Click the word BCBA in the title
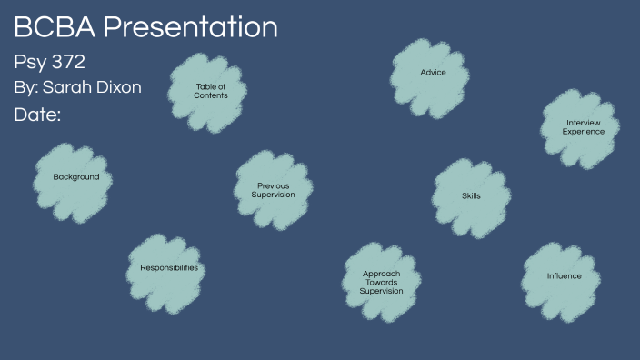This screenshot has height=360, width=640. (x=54, y=27)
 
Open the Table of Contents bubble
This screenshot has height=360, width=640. (x=210, y=92)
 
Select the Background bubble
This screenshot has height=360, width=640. (x=75, y=177)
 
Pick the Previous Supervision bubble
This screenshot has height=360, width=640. (x=273, y=190)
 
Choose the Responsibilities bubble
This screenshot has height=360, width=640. (x=168, y=268)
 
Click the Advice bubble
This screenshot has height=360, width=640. (x=433, y=72)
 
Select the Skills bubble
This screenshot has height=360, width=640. (x=470, y=196)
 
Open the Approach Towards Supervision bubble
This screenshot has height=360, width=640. (x=381, y=283)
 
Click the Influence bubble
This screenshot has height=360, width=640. (x=564, y=275)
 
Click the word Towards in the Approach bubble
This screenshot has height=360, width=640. (x=381, y=283)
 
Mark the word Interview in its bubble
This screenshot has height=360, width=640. (x=583, y=123)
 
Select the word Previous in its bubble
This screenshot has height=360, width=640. (x=273, y=185)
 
